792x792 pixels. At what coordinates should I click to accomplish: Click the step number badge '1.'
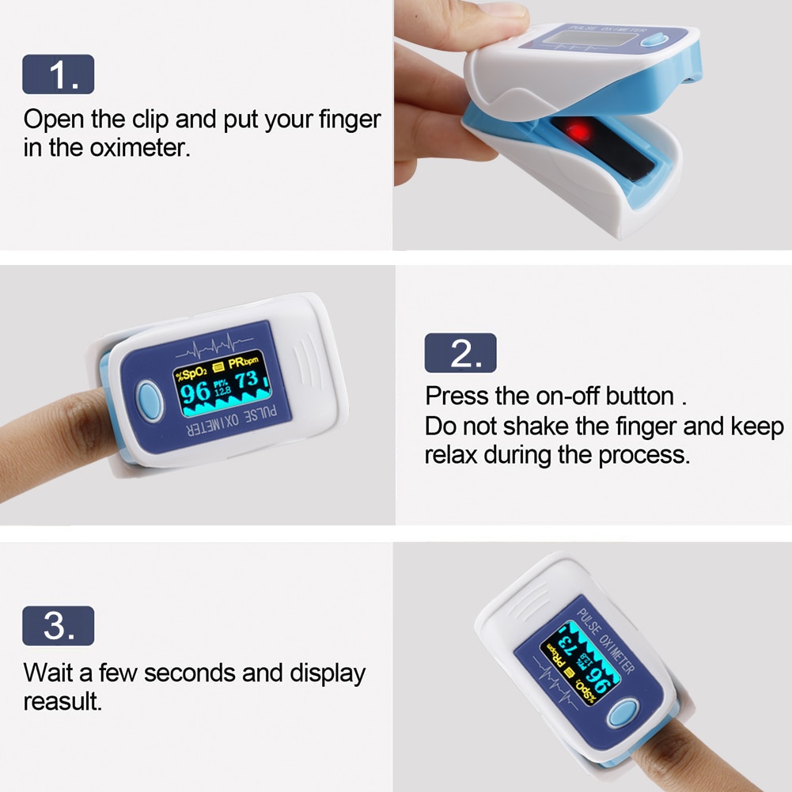(59, 74)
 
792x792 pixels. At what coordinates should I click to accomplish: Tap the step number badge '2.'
(460, 353)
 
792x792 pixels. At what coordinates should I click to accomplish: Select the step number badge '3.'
(59, 626)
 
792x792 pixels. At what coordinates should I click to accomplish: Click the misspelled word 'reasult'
(62, 701)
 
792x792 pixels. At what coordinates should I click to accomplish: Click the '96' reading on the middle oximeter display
(195, 393)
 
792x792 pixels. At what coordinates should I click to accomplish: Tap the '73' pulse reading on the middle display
(246, 381)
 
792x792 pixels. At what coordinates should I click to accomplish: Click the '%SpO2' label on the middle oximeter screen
(191, 370)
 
